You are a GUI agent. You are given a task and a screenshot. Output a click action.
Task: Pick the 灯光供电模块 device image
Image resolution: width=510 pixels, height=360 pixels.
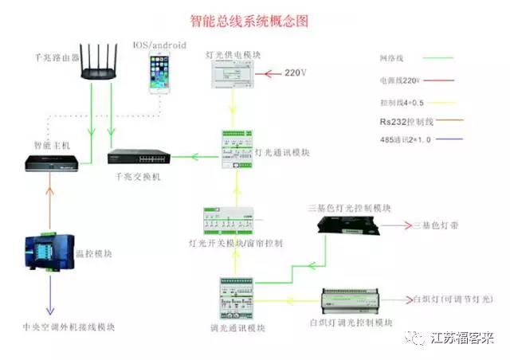coord(233,73)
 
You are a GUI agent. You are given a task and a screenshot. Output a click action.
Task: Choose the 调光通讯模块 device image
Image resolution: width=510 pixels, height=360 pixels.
coord(242,297)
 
